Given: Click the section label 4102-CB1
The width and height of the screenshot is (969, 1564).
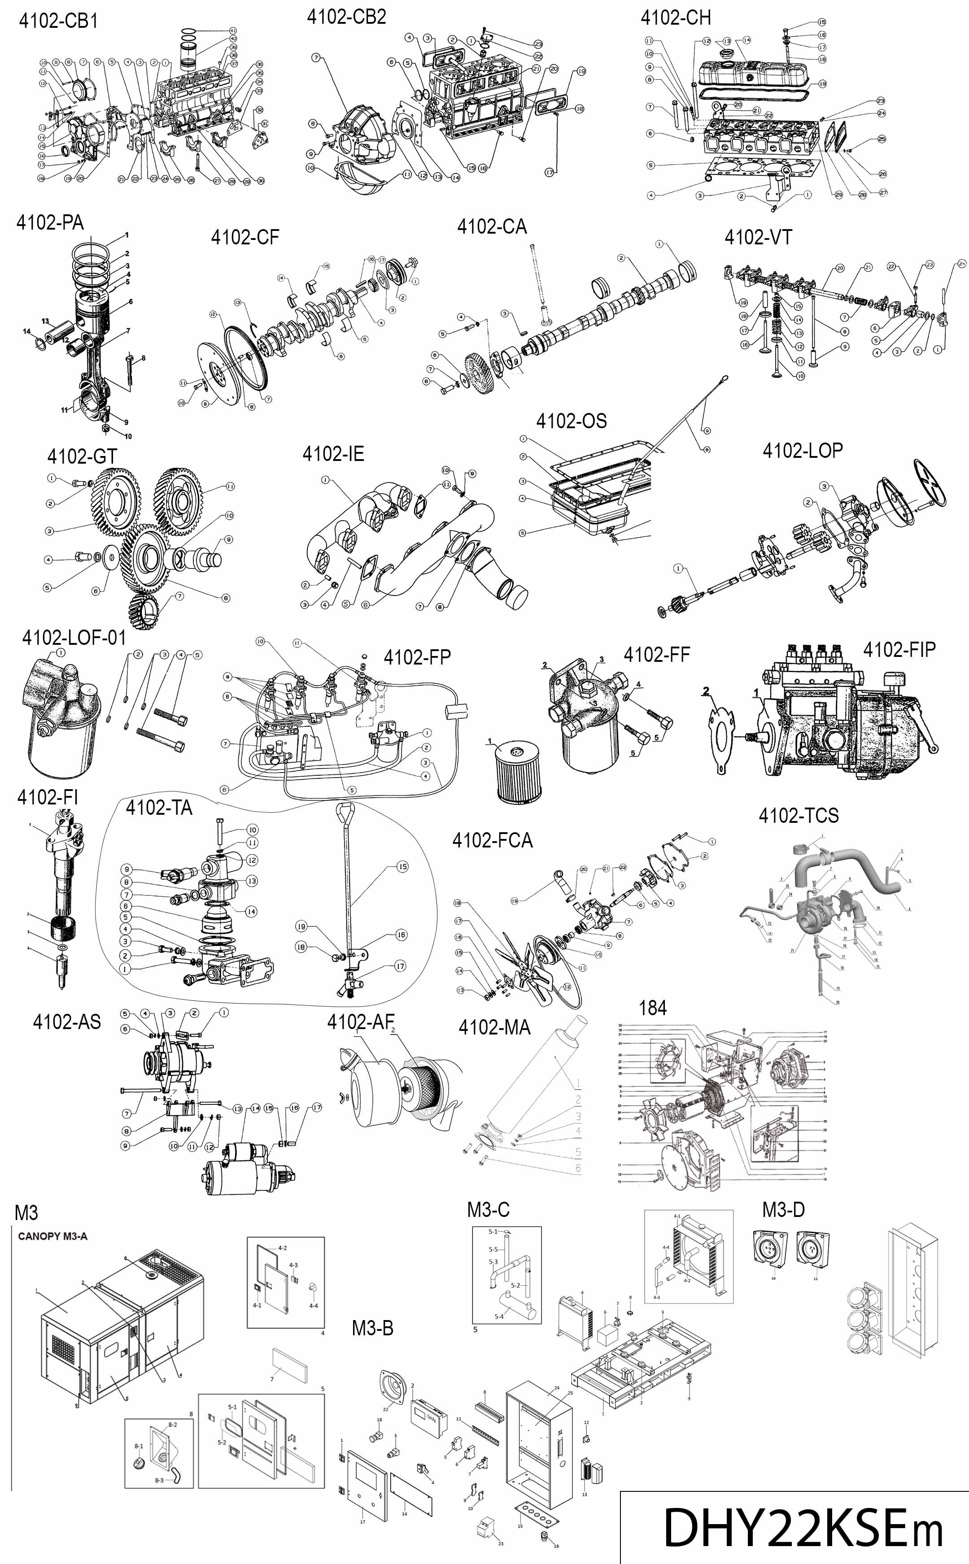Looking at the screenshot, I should [58, 21].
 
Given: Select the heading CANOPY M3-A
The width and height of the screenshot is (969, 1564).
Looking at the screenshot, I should [52, 1236].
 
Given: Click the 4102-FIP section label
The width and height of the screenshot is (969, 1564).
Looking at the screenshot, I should [899, 649].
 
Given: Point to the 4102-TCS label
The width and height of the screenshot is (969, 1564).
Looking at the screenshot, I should [799, 815].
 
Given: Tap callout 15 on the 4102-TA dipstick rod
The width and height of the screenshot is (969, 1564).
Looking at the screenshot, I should [402, 867].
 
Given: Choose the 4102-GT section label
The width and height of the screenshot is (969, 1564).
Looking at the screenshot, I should [82, 456].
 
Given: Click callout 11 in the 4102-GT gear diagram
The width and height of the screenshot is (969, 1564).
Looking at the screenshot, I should [229, 487].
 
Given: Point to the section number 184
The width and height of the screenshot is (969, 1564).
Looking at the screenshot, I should [652, 1008].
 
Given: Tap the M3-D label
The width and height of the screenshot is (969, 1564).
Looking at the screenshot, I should [783, 1209].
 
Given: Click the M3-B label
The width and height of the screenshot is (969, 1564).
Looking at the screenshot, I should [372, 1328].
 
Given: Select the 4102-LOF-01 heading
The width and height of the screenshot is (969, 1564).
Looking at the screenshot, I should [74, 638].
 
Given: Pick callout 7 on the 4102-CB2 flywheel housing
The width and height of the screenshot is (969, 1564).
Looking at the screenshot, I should [316, 58].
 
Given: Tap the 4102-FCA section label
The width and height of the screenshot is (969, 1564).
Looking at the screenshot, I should [492, 840].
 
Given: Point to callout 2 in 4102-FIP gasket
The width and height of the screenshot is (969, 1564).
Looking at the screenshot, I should [706, 691].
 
